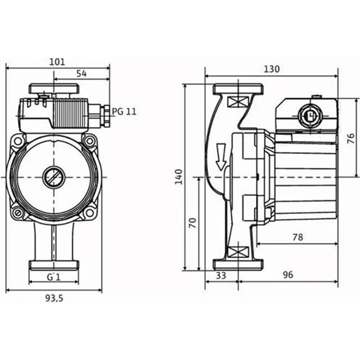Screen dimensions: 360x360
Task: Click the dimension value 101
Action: tap(57, 63)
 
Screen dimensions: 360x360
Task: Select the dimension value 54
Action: tap(81, 73)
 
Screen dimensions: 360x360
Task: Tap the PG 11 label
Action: tap(124, 112)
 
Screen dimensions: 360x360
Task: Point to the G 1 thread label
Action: tap(53, 277)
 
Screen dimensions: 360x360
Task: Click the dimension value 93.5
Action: tap(54, 298)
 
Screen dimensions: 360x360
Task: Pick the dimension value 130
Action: tap(271, 69)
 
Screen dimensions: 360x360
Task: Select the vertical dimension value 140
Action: tap(179, 177)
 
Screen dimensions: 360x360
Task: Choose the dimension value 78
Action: tap(297, 237)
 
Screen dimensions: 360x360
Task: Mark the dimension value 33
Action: tap(221, 275)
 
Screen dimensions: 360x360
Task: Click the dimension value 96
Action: tap(288, 275)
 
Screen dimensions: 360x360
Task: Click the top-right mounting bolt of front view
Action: tap(90, 141)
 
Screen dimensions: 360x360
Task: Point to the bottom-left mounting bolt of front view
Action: tap(18, 213)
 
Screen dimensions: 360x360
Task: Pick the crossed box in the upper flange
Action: tap(238, 103)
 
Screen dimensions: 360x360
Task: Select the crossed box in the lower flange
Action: tap(238, 252)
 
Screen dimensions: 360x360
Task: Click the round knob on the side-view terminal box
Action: tap(308, 116)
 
